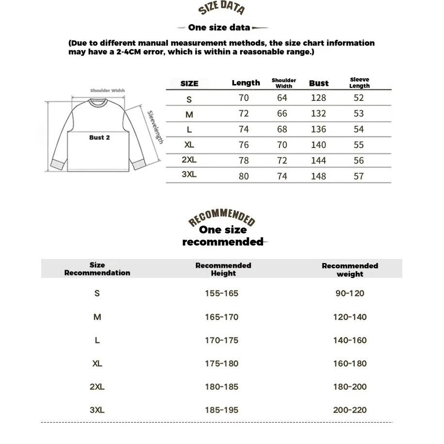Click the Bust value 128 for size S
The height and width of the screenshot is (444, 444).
318,98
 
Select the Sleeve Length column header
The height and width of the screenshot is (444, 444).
359,83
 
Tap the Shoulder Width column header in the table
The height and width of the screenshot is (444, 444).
284,83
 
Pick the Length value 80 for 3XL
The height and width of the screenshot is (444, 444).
244,176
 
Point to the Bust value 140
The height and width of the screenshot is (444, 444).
318,145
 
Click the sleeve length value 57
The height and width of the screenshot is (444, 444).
359,176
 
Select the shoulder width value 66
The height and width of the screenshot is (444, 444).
282,114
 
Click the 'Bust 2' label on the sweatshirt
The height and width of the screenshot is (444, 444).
99,137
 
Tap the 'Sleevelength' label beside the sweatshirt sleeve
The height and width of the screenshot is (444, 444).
155,127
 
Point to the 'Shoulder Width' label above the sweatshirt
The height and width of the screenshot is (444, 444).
107,90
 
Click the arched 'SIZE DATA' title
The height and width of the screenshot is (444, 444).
222,8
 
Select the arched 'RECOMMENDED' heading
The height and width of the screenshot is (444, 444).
222,218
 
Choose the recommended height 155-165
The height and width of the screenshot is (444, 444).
222,294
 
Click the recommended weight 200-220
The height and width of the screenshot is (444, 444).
350,410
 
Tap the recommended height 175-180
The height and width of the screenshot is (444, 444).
222,363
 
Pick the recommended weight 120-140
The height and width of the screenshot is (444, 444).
350,317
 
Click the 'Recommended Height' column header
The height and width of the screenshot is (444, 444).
223,269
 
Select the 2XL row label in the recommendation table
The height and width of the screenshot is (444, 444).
97,387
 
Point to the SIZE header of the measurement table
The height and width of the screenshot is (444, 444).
189,83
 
